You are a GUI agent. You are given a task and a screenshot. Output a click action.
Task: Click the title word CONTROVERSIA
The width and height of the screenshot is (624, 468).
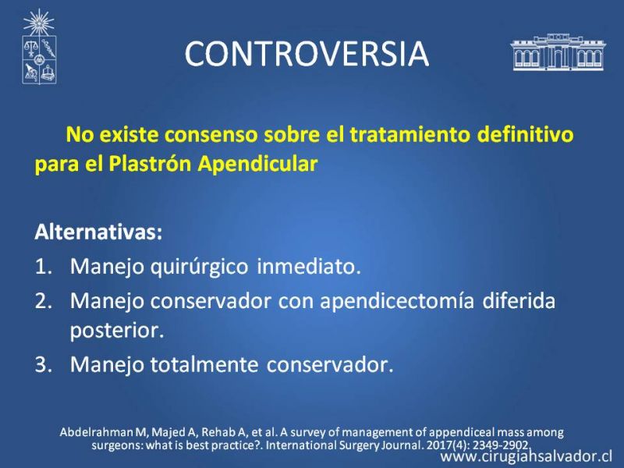[x=307, y=53]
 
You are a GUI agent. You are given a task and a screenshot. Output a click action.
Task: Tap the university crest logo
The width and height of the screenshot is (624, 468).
[x=38, y=47]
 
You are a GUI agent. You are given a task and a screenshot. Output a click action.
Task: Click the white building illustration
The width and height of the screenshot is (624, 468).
[x=558, y=52]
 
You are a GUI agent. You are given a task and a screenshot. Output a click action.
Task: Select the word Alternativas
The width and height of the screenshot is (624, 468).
[x=99, y=232]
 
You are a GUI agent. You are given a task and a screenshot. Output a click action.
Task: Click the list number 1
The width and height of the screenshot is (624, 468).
[x=44, y=266]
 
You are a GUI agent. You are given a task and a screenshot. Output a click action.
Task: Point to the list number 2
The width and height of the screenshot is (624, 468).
[x=44, y=301]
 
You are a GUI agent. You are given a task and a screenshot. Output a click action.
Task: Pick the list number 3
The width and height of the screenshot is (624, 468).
[x=44, y=364]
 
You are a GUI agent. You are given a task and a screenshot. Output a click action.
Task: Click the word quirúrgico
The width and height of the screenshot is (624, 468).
[x=199, y=267]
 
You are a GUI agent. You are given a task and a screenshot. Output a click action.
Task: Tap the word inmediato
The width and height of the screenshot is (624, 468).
[x=309, y=266]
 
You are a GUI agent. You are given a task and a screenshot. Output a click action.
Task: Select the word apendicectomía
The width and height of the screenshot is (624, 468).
[x=397, y=302]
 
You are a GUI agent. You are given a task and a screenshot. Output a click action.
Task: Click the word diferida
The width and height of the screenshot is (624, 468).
[x=519, y=300]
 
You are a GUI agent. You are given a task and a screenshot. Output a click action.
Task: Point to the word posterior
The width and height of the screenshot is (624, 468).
[x=117, y=331]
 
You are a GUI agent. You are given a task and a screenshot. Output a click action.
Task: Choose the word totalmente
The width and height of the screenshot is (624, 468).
[x=204, y=364]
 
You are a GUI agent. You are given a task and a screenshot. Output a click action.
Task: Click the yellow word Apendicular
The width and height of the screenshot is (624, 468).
[x=258, y=164]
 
